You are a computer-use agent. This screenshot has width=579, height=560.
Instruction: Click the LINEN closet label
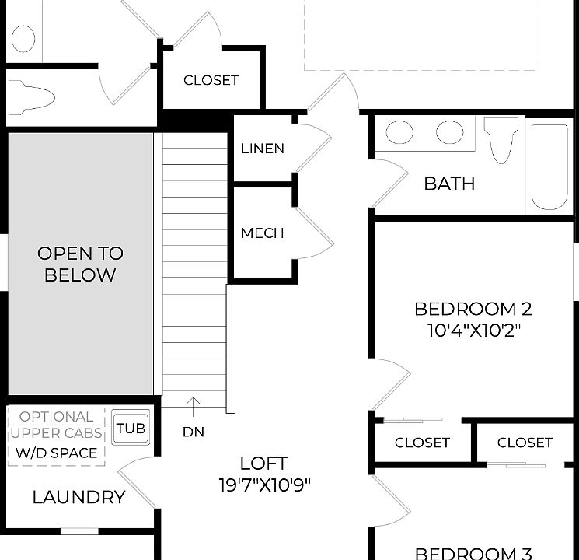pyautogui.click(x=263, y=149)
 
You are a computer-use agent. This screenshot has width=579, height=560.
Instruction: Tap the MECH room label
pyautogui.click(x=263, y=233)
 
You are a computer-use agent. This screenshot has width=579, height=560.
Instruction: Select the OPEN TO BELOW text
pyautogui.click(x=80, y=264)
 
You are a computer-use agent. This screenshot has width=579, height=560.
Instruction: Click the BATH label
pyautogui.click(x=449, y=184)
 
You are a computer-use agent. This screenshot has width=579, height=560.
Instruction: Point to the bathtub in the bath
pyautogui.click(x=549, y=168)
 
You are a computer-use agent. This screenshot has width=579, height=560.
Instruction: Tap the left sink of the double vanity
pyautogui.click(x=400, y=132)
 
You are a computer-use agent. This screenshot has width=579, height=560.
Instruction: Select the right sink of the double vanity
pyautogui.click(x=449, y=132)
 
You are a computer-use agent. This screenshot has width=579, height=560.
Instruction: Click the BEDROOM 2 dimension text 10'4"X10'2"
pyautogui.click(x=473, y=331)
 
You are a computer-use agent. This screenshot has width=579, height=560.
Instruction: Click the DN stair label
pyautogui.click(x=194, y=432)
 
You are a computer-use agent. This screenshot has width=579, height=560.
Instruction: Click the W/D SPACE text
pyautogui.click(x=56, y=453)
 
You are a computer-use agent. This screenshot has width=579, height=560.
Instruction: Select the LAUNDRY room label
pyautogui.click(x=78, y=498)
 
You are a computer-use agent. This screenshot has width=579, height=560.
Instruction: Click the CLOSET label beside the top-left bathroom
pyautogui.click(x=211, y=80)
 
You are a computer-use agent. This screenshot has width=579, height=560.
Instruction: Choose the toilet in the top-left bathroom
pyautogui.click(x=31, y=98)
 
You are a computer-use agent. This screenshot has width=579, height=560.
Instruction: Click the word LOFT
pyautogui.click(x=263, y=464)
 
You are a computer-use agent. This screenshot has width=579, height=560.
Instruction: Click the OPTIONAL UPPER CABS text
pyautogui.click(x=56, y=425)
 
